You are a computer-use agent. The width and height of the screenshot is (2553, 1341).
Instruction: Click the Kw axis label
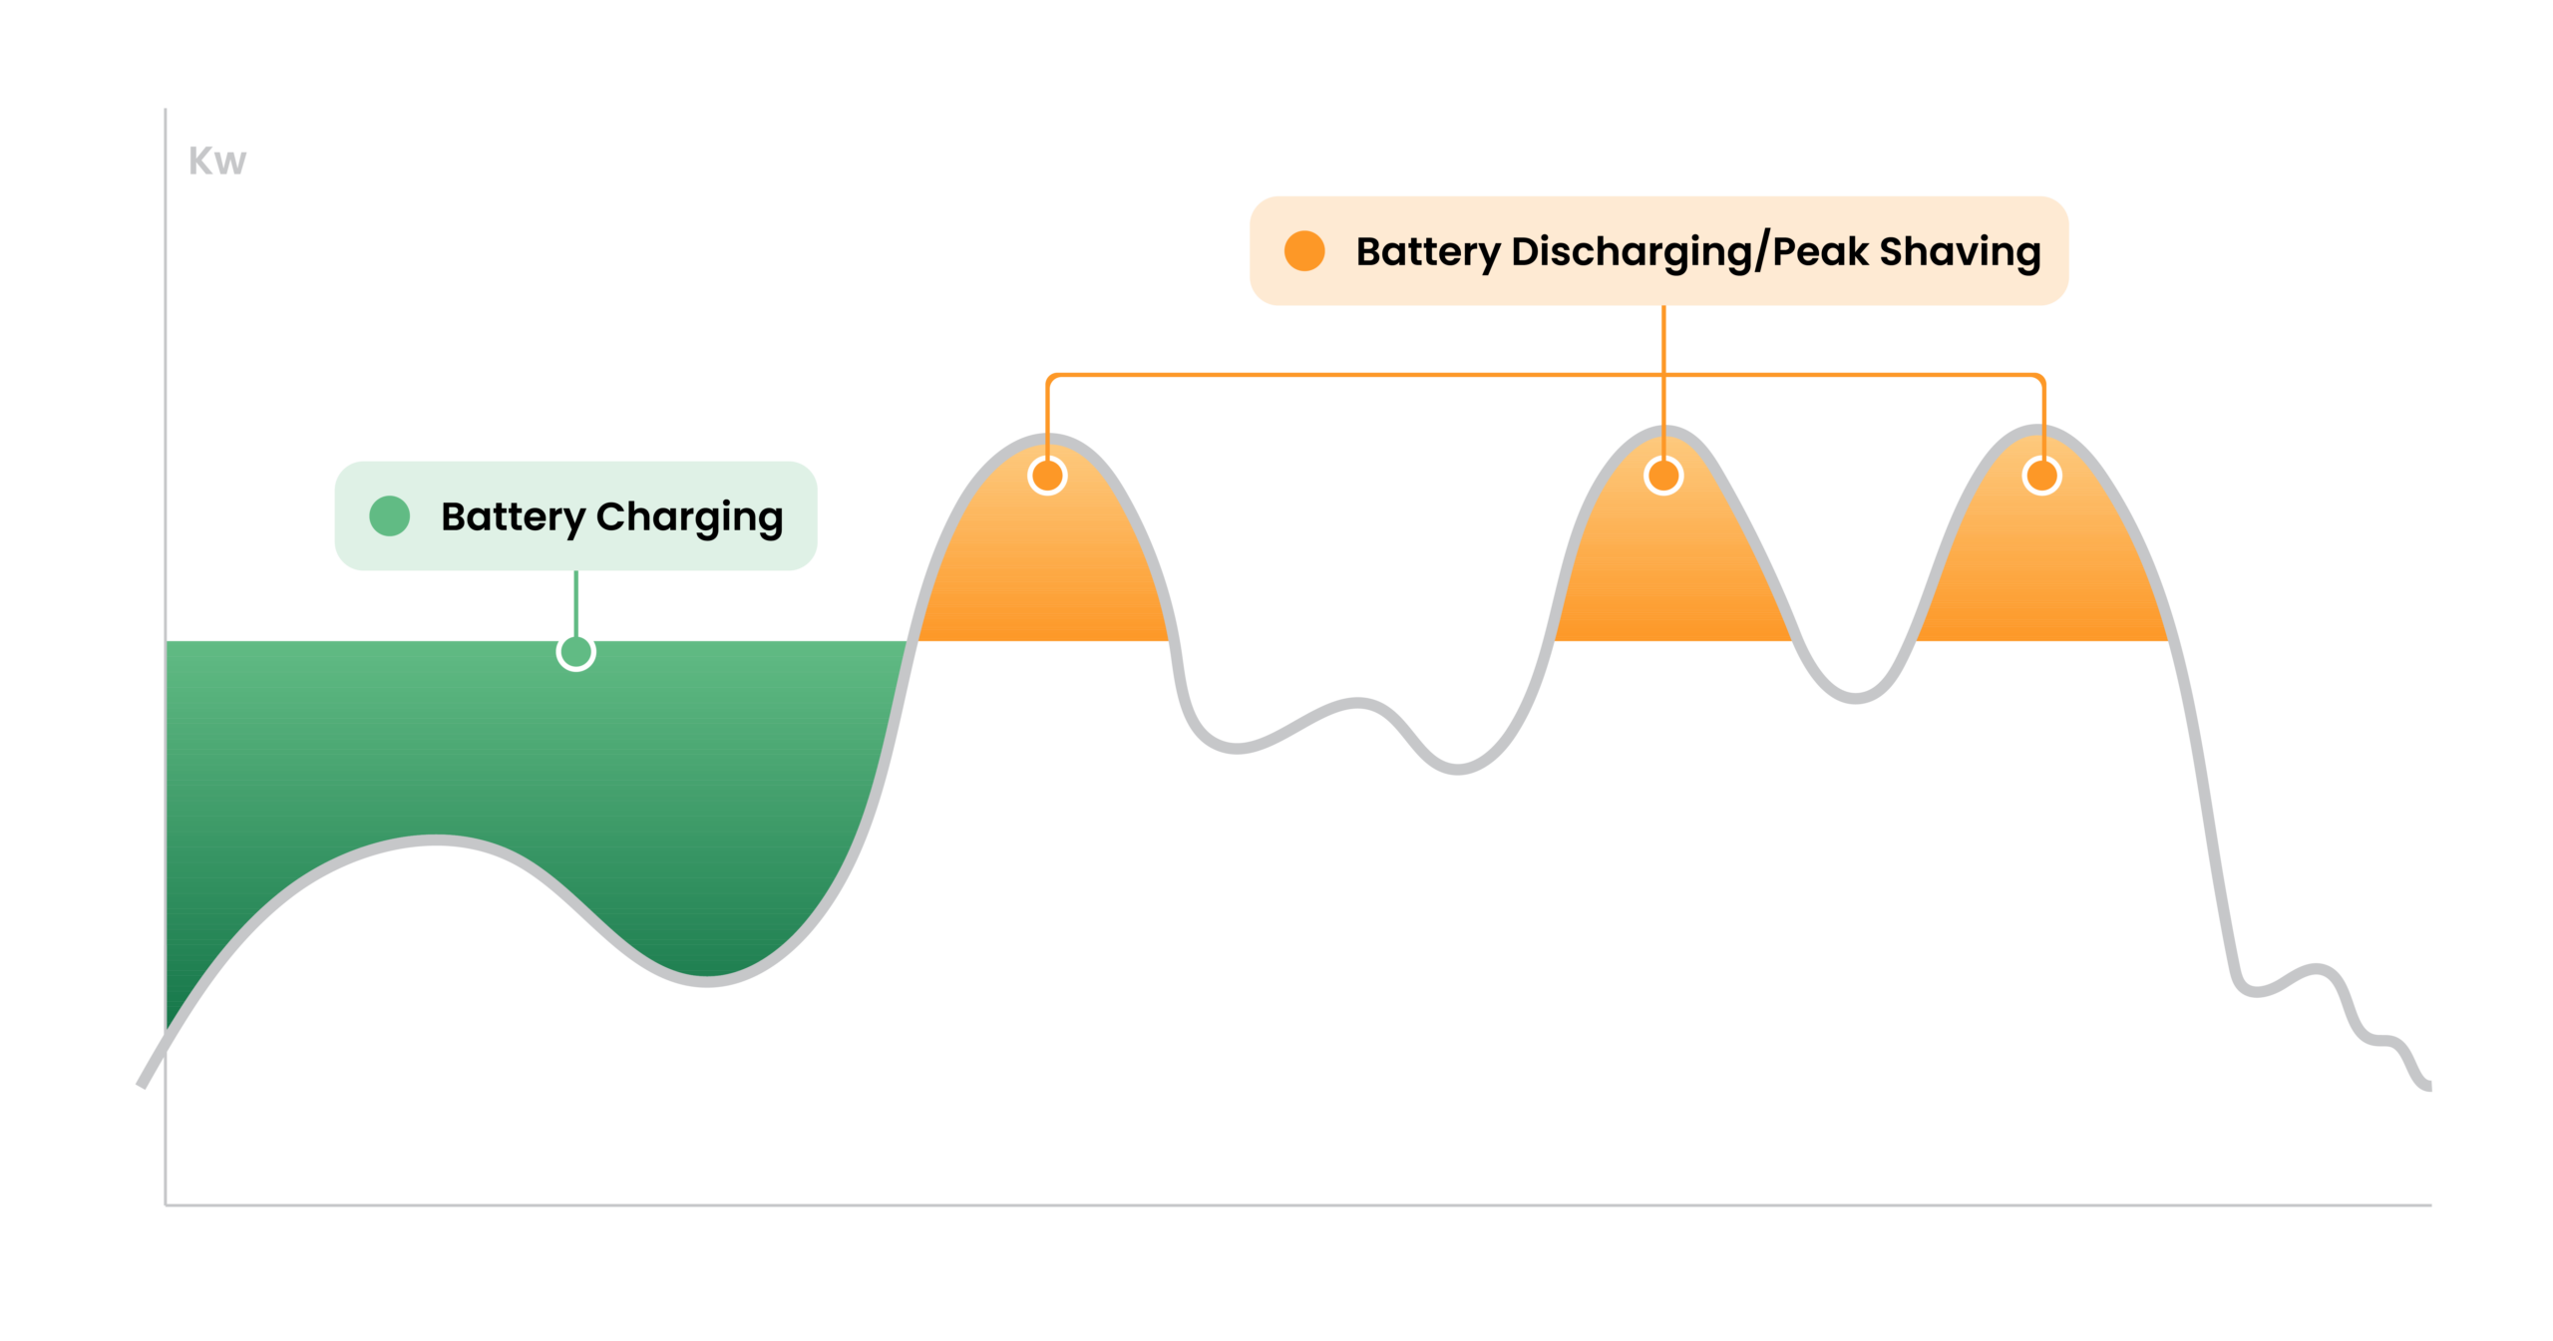[216, 161]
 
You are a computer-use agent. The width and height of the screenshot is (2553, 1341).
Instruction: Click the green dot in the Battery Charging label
[389, 515]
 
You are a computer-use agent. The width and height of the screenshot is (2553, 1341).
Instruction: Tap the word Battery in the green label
[513, 517]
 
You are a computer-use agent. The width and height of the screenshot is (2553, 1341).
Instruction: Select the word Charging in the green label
[689, 517]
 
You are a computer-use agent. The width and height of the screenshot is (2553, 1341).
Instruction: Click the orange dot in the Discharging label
[1303, 250]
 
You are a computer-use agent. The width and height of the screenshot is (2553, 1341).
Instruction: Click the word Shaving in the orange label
[1960, 251]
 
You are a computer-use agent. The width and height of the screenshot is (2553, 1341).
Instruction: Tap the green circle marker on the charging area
[575, 652]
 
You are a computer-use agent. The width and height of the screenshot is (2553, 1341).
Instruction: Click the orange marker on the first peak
[1047, 476]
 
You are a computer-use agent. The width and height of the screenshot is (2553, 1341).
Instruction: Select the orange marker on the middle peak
[1662, 476]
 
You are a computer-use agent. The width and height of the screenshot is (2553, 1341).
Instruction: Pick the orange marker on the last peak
[2041, 476]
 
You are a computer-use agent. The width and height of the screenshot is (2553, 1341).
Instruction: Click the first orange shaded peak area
[1042, 568]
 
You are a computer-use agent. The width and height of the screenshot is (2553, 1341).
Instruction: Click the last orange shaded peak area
[2042, 568]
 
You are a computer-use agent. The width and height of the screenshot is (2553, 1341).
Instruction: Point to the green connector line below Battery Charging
[575, 601]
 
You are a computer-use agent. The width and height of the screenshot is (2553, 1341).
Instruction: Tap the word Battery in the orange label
[1427, 251]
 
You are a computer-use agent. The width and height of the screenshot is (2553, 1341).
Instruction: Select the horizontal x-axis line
[1298, 1204]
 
